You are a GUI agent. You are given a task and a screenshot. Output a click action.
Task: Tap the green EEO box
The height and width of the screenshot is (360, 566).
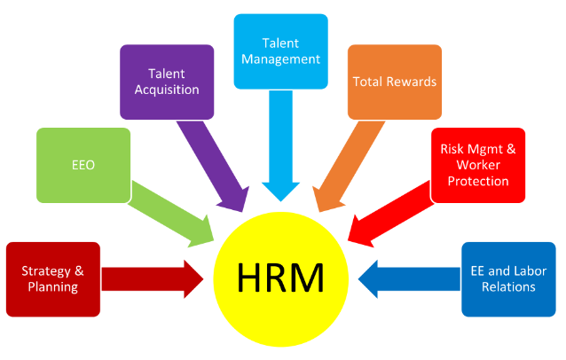point(83,165)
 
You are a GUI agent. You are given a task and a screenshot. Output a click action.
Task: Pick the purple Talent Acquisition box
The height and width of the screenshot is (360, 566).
point(167,82)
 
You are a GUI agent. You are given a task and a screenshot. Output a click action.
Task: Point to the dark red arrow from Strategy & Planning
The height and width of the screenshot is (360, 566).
point(151,278)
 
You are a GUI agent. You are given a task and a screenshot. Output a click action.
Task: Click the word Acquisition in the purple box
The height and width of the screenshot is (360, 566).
point(167,90)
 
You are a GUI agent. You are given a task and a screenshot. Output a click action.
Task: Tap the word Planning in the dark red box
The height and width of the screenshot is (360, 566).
point(51,287)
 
